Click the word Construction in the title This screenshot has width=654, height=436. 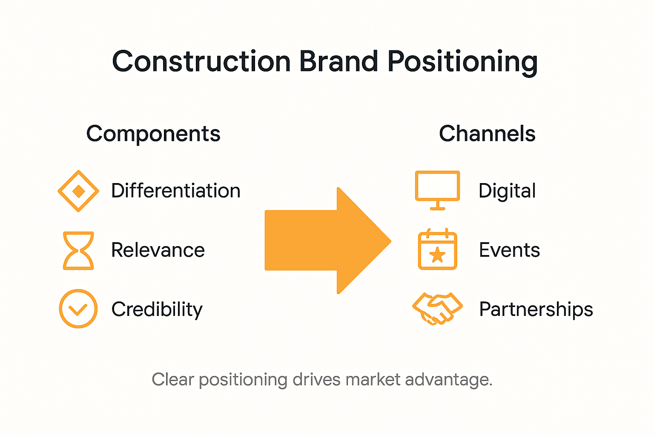(201, 61)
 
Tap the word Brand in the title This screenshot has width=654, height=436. (338, 61)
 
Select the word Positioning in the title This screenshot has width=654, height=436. (462, 62)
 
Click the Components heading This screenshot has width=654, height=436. (153, 134)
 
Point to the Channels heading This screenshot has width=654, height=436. (487, 134)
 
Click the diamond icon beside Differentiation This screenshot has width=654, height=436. (78, 191)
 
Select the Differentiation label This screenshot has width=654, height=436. (176, 191)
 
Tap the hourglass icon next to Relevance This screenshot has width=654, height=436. (78, 250)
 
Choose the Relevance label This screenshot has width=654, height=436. (158, 250)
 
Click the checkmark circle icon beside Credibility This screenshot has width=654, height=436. (78, 309)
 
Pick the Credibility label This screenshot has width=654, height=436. (157, 310)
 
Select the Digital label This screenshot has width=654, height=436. (507, 191)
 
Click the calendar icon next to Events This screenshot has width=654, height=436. (437, 250)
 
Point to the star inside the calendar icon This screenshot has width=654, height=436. (437, 255)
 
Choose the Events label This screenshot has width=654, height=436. (509, 250)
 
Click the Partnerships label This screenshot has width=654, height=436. (536, 310)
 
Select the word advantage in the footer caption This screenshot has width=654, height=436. (448, 379)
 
